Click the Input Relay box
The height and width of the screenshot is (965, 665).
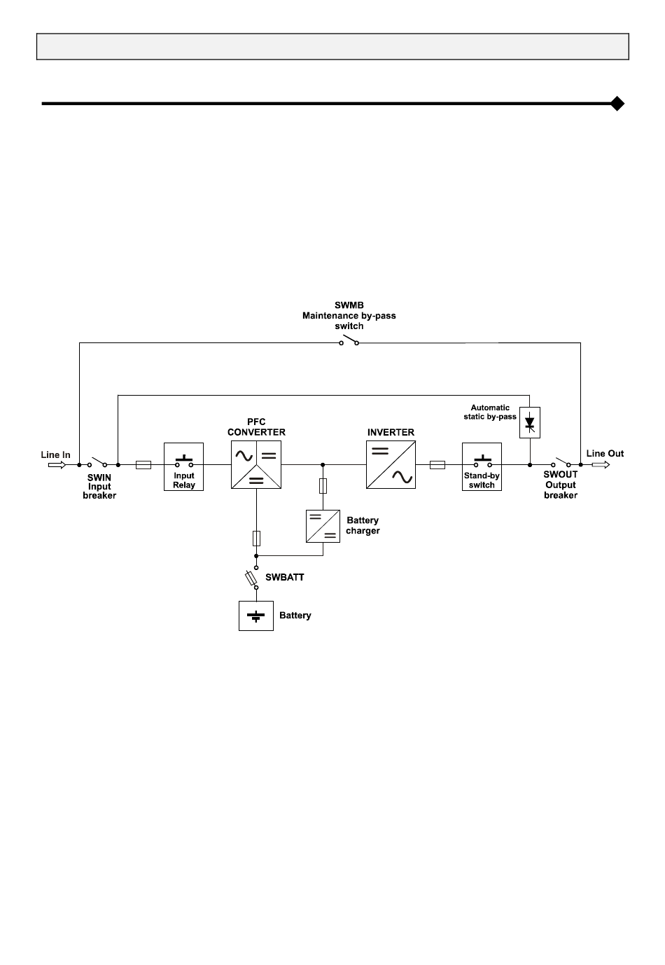183,466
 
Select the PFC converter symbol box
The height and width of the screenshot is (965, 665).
256,464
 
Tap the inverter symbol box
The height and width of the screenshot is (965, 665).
391,464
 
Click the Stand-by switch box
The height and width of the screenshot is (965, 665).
482,466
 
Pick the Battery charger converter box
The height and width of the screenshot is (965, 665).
323,526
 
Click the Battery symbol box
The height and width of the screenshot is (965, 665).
256,616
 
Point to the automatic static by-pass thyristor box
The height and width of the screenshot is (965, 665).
530,422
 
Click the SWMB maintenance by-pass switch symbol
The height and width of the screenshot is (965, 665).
349,340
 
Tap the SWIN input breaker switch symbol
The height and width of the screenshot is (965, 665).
97,462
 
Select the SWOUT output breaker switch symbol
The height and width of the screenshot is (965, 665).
561,462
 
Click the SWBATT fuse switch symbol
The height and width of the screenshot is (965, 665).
252,578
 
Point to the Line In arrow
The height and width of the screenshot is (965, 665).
57,465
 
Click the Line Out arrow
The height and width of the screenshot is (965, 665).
601,464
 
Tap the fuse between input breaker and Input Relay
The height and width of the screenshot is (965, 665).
143,465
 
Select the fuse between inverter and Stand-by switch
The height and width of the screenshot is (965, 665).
437,465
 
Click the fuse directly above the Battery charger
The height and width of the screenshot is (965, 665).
323,486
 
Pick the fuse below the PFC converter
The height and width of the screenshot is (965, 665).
256,539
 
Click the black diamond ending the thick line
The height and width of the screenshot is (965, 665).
617,104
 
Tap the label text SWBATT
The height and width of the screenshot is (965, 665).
285,577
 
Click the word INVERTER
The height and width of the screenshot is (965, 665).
391,432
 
